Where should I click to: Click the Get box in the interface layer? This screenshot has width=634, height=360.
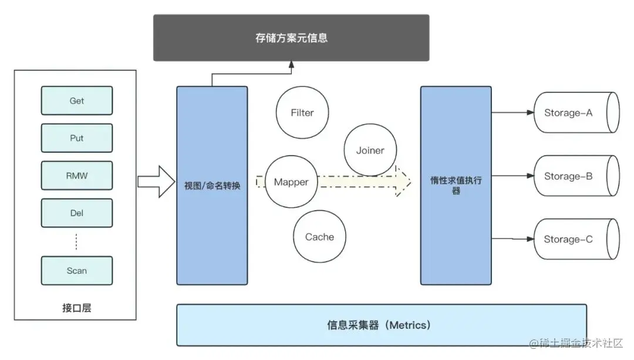tap(76, 100)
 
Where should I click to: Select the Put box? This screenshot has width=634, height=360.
tap(76, 138)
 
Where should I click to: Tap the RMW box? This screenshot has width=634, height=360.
tap(76, 176)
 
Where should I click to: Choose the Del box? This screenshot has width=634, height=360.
tap(76, 213)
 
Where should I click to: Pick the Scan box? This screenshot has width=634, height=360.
tap(76, 271)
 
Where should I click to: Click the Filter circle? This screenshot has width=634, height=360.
tap(302, 112)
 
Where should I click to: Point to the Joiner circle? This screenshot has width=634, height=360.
tap(370, 150)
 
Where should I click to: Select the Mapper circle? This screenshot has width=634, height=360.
tap(291, 182)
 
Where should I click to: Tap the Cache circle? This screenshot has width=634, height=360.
tap(319, 237)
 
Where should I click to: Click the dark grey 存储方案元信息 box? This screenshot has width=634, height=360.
tap(291, 38)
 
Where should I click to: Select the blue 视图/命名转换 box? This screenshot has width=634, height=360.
tap(212, 186)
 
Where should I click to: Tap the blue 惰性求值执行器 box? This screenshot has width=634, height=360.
tap(456, 186)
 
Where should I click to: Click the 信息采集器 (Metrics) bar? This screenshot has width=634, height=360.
tap(382, 325)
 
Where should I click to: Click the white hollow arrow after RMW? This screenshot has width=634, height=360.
tap(156, 182)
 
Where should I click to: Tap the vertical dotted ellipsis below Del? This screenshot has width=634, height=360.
tap(76, 241)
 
